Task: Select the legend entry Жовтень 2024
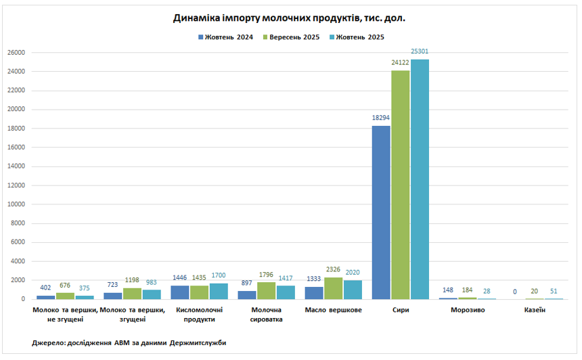[x=225, y=37]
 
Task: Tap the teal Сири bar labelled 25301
[x=420, y=179]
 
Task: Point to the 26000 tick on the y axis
[x=16, y=53]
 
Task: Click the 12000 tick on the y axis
[x=16, y=185]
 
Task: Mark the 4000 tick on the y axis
[x=18, y=261]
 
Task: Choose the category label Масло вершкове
[x=333, y=310]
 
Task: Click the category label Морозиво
[x=467, y=310]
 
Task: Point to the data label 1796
[x=266, y=275]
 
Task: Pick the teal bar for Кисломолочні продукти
[x=218, y=291]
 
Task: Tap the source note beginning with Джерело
[x=129, y=343]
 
